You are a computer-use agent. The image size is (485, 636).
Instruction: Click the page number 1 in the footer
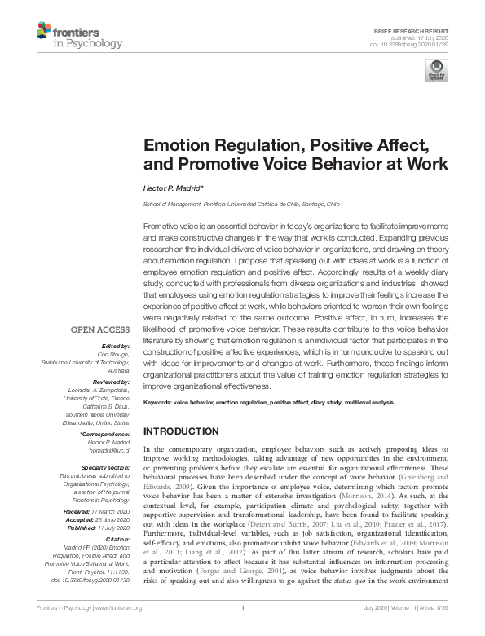click(x=242, y=629)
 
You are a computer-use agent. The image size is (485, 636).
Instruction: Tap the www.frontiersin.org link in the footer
click(x=117, y=629)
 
